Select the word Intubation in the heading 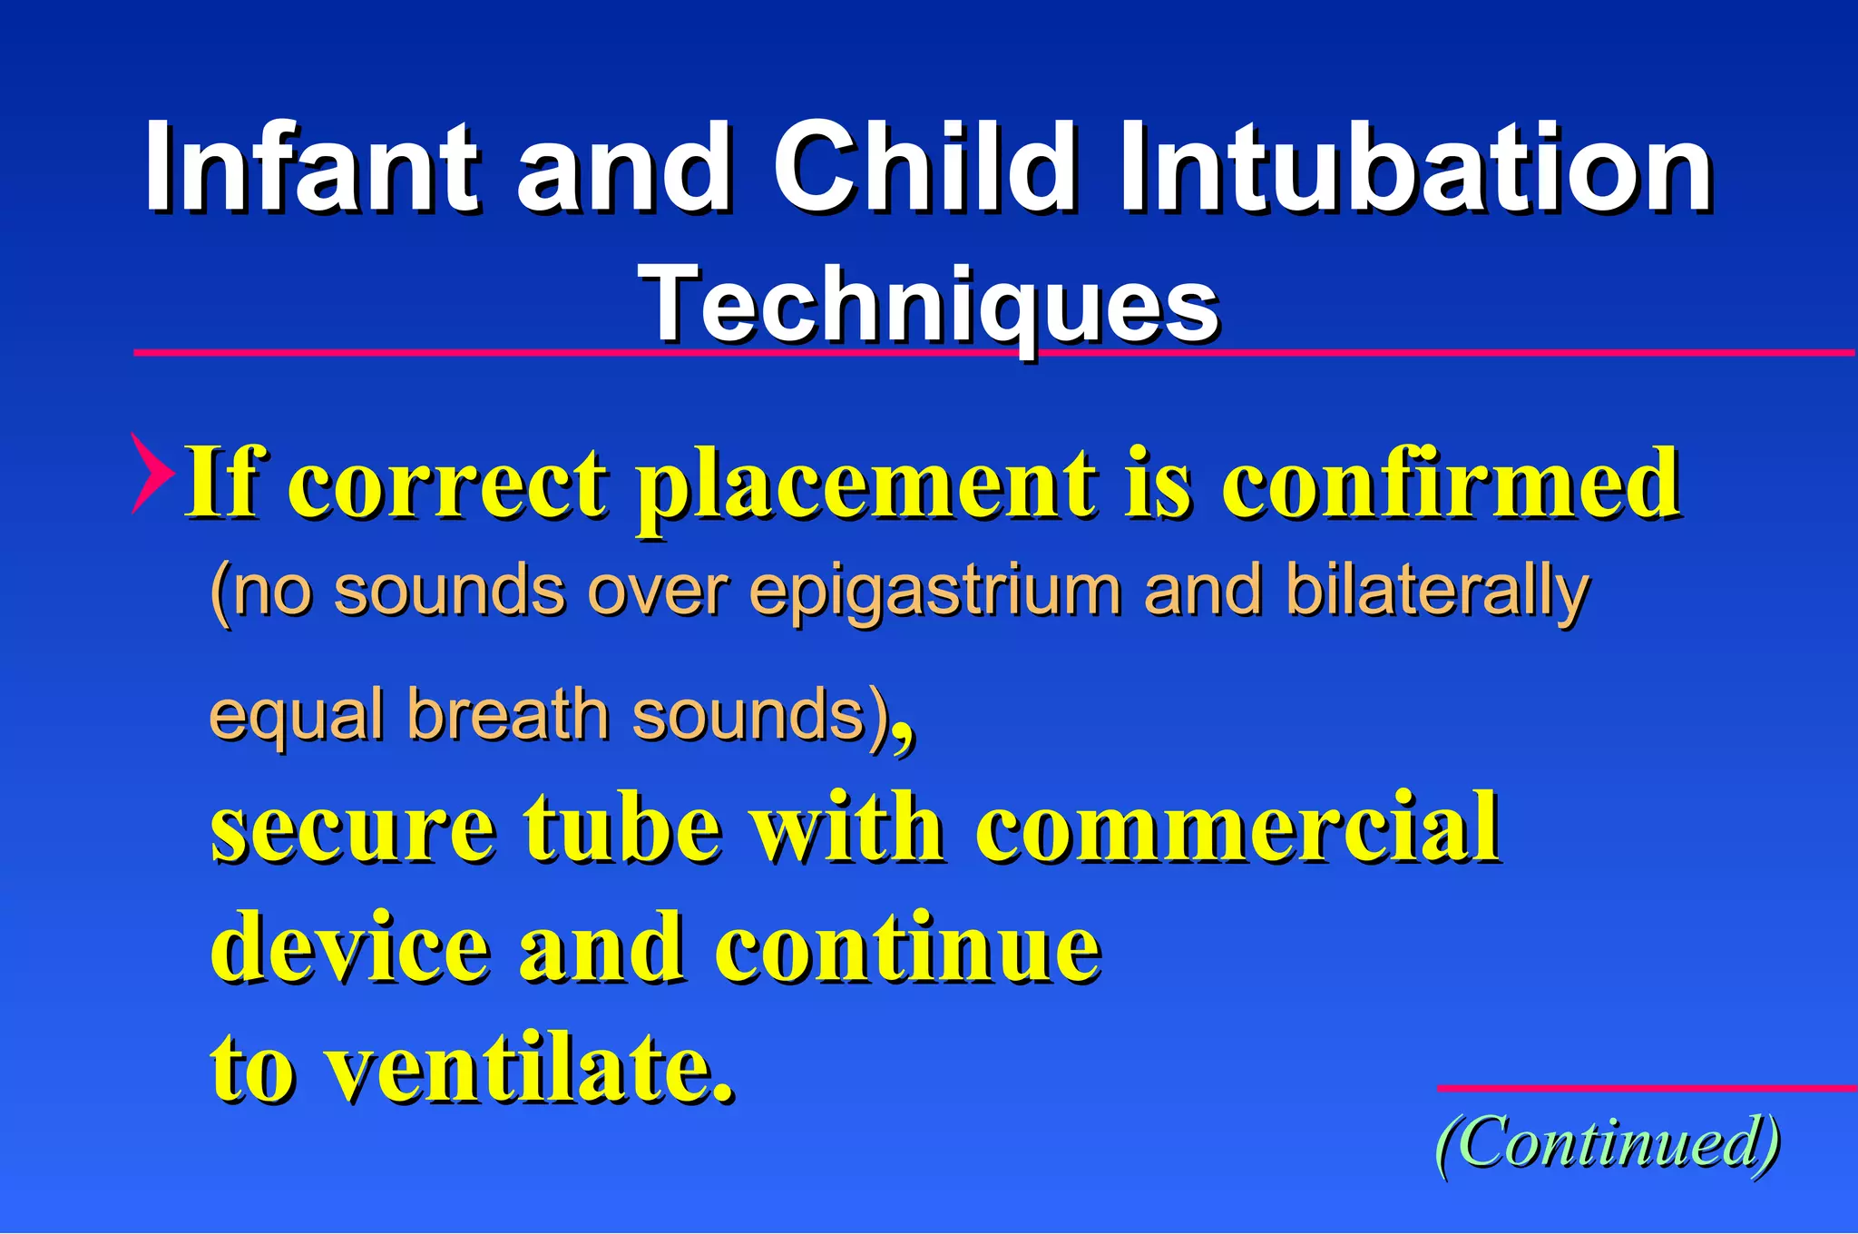(x=1415, y=168)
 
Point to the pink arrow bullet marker (x=152, y=473)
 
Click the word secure (x=353, y=828)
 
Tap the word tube (x=622, y=828)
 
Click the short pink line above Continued (x=1647, y=1087)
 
